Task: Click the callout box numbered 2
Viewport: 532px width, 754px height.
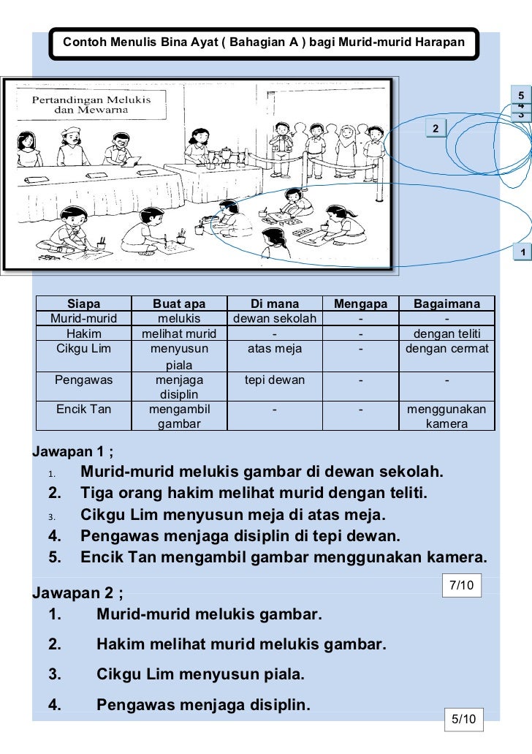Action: pyautogui.click(x=436, y=129)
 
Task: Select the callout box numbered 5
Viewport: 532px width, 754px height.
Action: pyautogui.click(x=521, y=97)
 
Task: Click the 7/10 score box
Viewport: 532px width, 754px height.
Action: pyautogui.click(x=462, y=585)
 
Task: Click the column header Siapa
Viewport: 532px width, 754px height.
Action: pyautogui.click(x=83, y=304)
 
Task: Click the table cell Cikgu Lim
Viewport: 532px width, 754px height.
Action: pyautogui.click(x=83, y=349)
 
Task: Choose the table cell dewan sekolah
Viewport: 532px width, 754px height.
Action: pyautogui.click(x=274, y=319)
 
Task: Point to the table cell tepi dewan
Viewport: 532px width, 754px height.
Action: pyautogui.click(x=274, y=380)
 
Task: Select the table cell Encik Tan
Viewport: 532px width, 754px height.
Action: pyautogui.click(x=83, y=409)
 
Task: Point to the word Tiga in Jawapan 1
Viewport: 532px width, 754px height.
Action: pyautogui.click(x=97, y=494)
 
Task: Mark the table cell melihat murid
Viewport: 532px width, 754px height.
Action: pyautogui.click(x=179, y=334)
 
